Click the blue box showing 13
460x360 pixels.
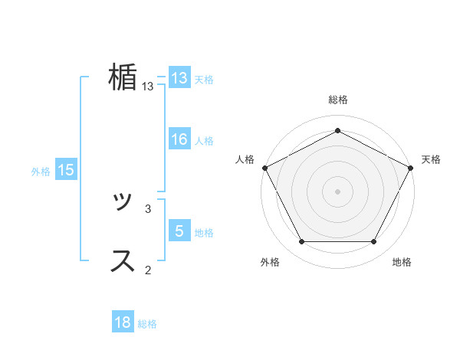pyautogui.click(x=179, y=78)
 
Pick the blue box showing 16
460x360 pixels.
pyautogui.click(x=179, y=139)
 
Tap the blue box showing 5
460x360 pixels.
pyautogui.click(x=179, y=231)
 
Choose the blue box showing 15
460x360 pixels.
pyautogui.click(x=66, y=170)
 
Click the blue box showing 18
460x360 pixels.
pyautogui.click(x=123, y=322)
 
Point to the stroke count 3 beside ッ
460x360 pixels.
pyautogui.click(x=148, y=208)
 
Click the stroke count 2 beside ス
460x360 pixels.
pyautogui.click(x=148, y=269)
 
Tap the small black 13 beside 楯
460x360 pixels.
pyautogui.click(x=148, y=87)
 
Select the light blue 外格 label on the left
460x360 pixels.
pyautogui.click(x=41, y=172)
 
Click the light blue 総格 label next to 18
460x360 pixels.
pyautogui.click(x=147, y=324)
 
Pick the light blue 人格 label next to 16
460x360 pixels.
pyautogui.click(x=204, y=141)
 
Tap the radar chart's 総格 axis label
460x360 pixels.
pyautogui.click(x=337, y=100)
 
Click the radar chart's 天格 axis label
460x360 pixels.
pyautogui.click(x=432, y=159)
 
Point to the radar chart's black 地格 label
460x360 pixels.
pyautogui.click(x=402, y=262)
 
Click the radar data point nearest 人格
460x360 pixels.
pyautogui.click(x=264, y=168)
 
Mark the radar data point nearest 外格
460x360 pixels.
pyautogui.click(x=301, y=242)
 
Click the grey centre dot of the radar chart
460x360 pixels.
pyautogui.click(x=337, y=191)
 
